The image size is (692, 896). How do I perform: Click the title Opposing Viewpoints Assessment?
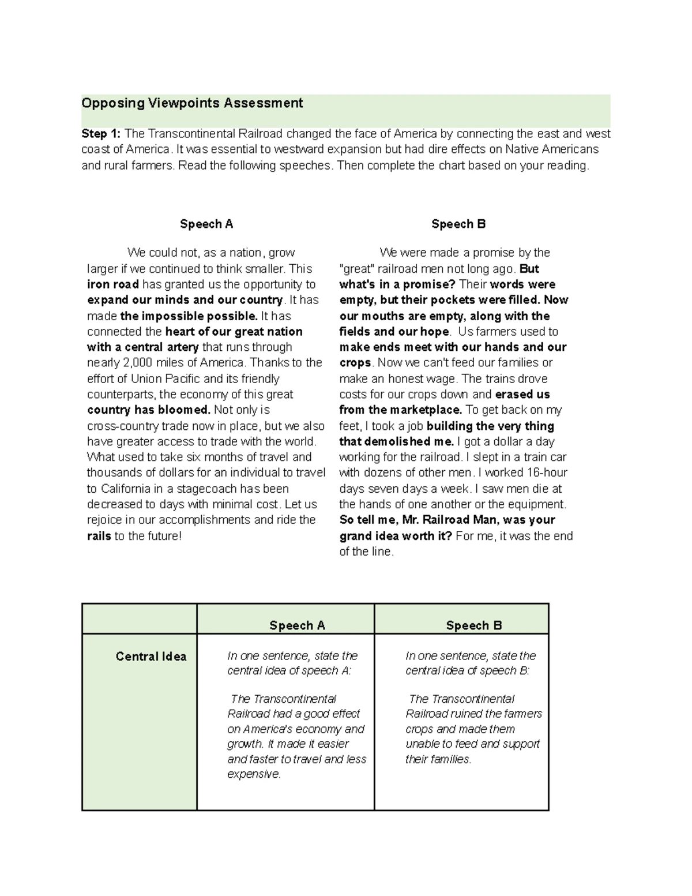tap(192, 103)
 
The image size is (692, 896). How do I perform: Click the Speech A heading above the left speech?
tap(206, 224)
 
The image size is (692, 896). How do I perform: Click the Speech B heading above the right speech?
tap(458, 224)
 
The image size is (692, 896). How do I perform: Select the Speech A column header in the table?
tap(297, 625)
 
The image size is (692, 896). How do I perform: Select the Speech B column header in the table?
tap(473, 625)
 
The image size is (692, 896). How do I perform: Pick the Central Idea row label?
tap(151, 657)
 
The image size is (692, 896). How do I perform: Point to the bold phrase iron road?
tap(113, 284)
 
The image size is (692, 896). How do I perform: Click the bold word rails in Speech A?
tap(99, 536)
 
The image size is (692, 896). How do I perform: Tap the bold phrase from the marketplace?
tap(401, 410)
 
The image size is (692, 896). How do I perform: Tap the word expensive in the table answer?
tap(253, 774)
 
